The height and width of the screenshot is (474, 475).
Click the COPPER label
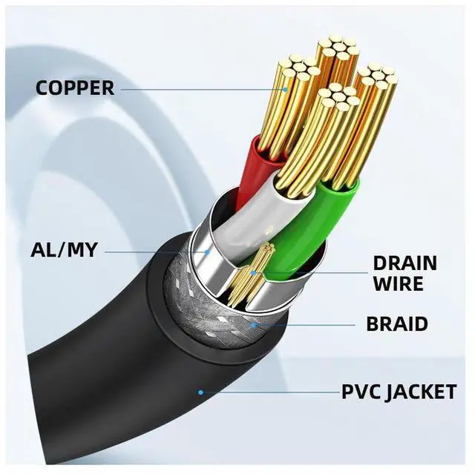(x=75, y=88)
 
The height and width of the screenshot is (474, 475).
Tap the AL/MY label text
(x=63, y=250)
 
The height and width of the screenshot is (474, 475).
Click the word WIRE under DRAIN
(x=398, y=283)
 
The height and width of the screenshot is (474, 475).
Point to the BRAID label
(x=397, y=324)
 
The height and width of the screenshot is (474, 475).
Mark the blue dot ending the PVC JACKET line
(x=200, y=391)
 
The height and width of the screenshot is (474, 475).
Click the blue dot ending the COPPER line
(x=286, y=90)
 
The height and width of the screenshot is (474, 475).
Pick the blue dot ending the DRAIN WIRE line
(x=256, y=272)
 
